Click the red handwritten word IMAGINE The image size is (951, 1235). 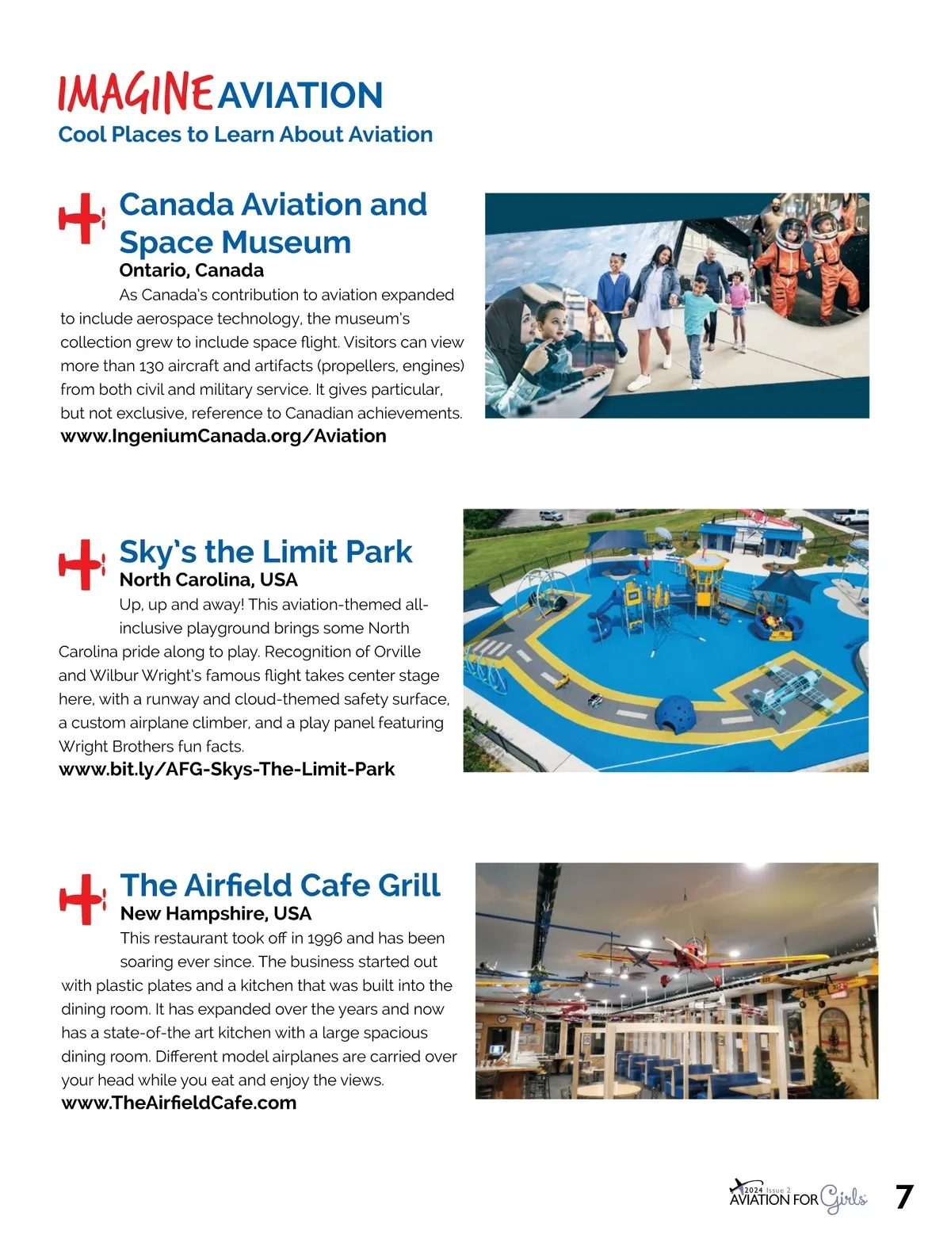point(135,94)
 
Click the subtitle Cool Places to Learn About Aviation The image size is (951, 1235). point(245,135)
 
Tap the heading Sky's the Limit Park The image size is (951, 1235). point(265,552)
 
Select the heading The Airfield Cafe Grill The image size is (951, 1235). point(280,885)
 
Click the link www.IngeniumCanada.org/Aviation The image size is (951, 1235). point(223,436)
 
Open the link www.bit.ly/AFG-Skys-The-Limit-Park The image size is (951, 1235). point(227,770)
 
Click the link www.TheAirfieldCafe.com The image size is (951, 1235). point(179,1103)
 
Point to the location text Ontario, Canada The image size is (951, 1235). point(191,270)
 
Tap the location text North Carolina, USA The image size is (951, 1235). point(208,579)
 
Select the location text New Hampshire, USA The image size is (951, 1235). point(216,913)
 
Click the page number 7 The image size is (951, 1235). point(904,1197)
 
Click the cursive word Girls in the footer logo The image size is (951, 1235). point(843,1199)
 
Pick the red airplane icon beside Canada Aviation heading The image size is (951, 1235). point(82,217)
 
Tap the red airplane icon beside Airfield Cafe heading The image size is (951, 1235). point(82,899)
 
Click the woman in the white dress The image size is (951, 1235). point(655,317)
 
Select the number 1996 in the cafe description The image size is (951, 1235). point(325,939)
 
